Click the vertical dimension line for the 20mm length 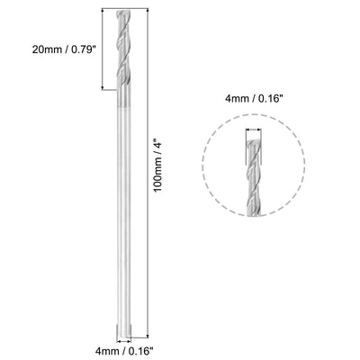click(110, 50)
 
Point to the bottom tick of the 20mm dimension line click(110, 90)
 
